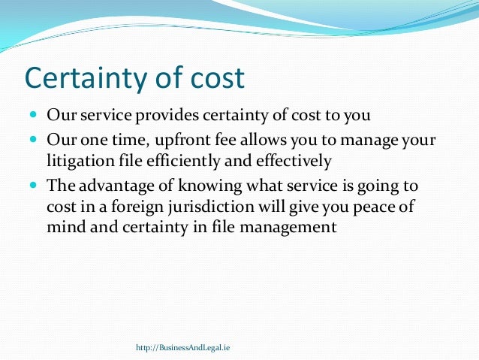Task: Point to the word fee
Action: click(232, 140)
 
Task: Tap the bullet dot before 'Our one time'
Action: click(35, 140)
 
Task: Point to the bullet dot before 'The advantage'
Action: click(35, 185)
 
